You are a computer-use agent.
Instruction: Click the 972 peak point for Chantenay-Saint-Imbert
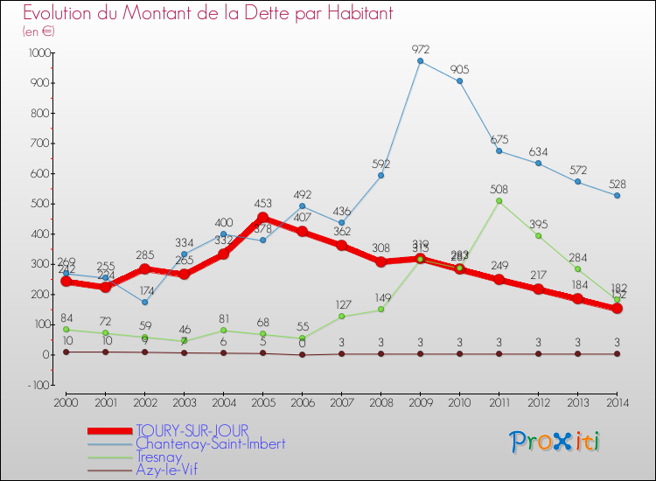[x=420, y=61]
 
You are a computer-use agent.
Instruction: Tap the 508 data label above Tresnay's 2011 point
[x=499, y=189]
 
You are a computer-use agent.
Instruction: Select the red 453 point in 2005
[x=262, y=218]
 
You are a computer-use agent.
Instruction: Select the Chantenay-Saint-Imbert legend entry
[x=210, y=443]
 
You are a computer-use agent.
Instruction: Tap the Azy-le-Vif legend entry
[x=166, y=470]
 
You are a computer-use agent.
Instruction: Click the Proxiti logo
[x=555, y=442]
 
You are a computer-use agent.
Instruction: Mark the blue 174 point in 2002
[x=144, y=303]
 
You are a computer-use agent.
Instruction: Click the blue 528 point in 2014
[x=617, y=195]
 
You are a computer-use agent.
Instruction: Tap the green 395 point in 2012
[x=538, y=235]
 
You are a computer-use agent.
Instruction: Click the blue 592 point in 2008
[x=380, y=176]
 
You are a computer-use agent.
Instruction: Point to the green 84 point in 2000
[x=66, y=330]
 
